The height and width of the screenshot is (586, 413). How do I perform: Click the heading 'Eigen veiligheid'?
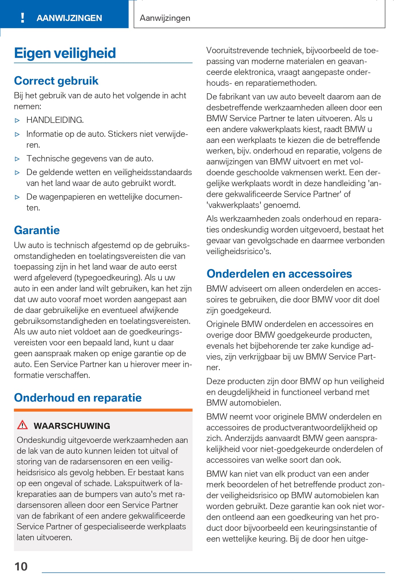pyautogui.click(x=65, y=53)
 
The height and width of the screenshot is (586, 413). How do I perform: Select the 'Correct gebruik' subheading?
pyautogui.click(x=56, y=81)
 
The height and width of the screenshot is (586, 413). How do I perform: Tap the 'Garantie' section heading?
pyautogui.click(x=37, y=230)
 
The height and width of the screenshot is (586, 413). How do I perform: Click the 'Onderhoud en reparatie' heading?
pyautogui.click(x=78, y=398)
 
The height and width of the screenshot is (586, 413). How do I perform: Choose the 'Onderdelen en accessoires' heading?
pyautogui.click(x=279, y=274)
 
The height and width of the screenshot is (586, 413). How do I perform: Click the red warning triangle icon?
pyautogui.click(x=22, y=425)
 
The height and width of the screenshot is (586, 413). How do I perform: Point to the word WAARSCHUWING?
pyautogui.click(x=72, y=426)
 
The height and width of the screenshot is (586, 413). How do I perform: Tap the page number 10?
pyautogui.click(x=21, y=566)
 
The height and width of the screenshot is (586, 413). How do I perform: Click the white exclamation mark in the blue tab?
pyautogui.click(x=23, y=18)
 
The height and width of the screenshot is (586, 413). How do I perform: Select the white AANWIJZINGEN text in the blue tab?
pyautogui.click(x=69, y=18)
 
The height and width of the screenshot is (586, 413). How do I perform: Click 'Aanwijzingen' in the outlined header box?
pyautogui.click(x=165, y=18)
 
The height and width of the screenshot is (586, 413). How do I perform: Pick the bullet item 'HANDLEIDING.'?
pyautogui.click(x=55, y=120)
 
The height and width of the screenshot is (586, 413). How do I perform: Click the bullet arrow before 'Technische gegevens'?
pyautogui.click(x=17, y=159)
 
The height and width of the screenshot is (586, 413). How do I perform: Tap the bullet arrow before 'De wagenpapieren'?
pyautogui.click(x=17, y=197)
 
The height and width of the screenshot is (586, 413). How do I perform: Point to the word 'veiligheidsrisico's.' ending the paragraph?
pyautogui.click(x=239, y=251)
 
